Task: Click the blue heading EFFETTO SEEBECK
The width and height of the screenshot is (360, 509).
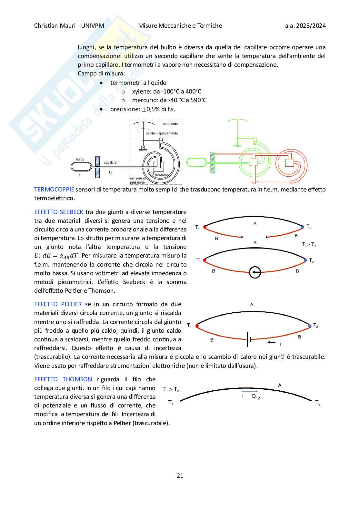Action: [59, 212]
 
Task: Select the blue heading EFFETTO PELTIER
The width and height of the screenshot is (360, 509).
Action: [58, 304]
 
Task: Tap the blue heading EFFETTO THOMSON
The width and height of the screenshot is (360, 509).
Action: [63, 379]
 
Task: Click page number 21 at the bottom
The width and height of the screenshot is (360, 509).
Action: [180, 475]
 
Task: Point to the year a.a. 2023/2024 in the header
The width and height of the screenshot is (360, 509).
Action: [305, 26]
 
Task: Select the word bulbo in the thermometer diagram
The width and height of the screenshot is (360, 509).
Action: [80, 159]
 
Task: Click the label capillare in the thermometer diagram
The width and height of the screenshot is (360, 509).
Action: [110, 162]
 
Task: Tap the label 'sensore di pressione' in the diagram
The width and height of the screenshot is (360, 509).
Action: [138, 180]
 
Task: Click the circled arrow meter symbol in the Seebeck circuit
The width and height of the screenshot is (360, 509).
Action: [255, 272]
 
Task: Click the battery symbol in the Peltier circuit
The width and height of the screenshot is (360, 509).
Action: [249, 339]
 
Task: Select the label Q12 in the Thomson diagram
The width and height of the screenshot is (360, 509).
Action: [256, 396]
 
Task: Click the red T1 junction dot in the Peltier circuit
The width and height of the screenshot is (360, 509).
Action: [197, 326]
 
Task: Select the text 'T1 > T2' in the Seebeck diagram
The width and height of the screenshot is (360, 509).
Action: [309, 245]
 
